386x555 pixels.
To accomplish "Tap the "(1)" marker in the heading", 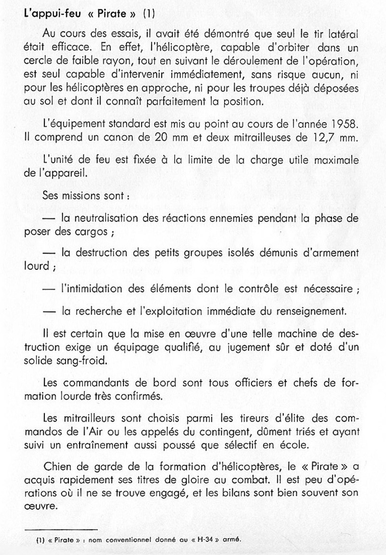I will coord(148,14).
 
